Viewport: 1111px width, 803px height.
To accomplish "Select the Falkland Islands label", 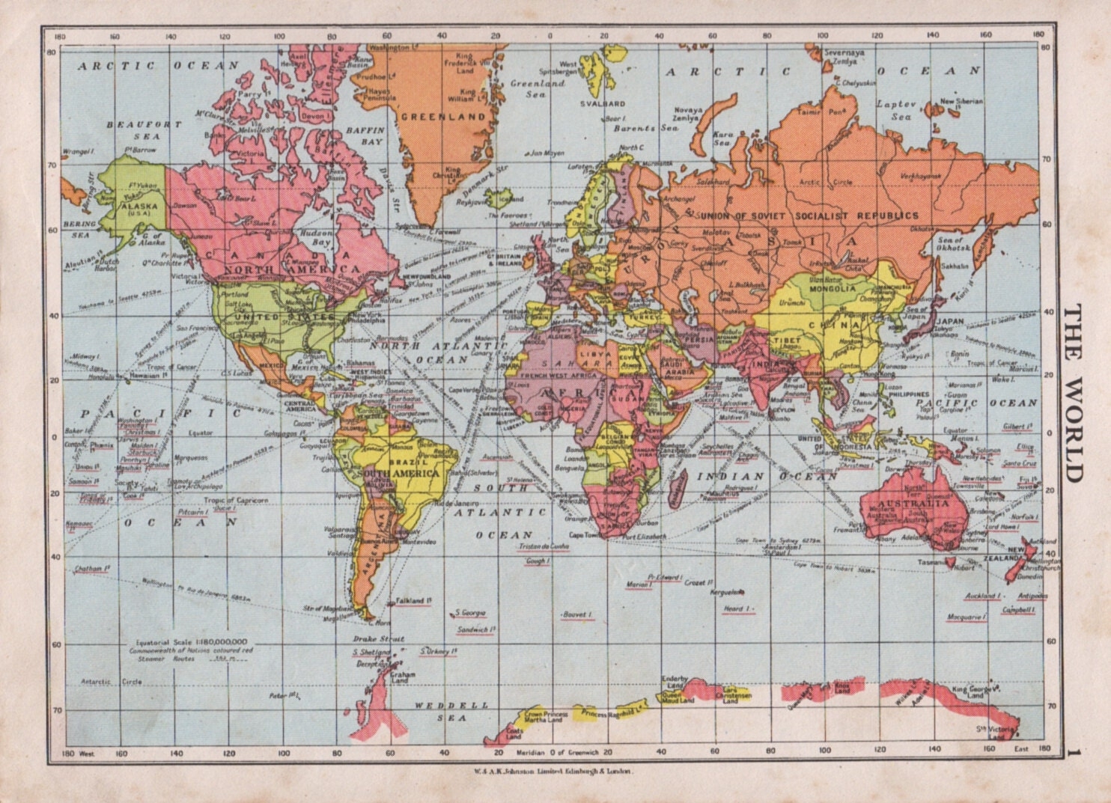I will point(413,601).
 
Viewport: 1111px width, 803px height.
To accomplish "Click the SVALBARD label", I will point(604,103).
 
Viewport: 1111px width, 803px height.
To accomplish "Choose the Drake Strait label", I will point(378,638).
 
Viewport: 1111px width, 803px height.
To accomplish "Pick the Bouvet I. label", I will point(576,614).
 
